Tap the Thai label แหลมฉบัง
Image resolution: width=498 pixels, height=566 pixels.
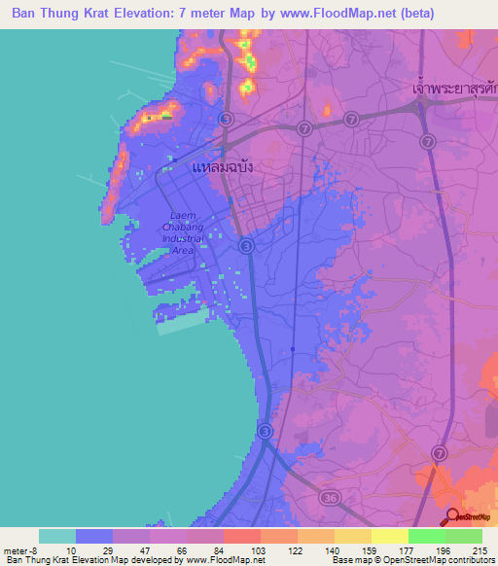click(x=223, y=166)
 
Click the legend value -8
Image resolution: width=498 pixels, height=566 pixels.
click(x=23, y=549)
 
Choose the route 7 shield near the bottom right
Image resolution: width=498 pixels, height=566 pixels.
click(x=440, y=453)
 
